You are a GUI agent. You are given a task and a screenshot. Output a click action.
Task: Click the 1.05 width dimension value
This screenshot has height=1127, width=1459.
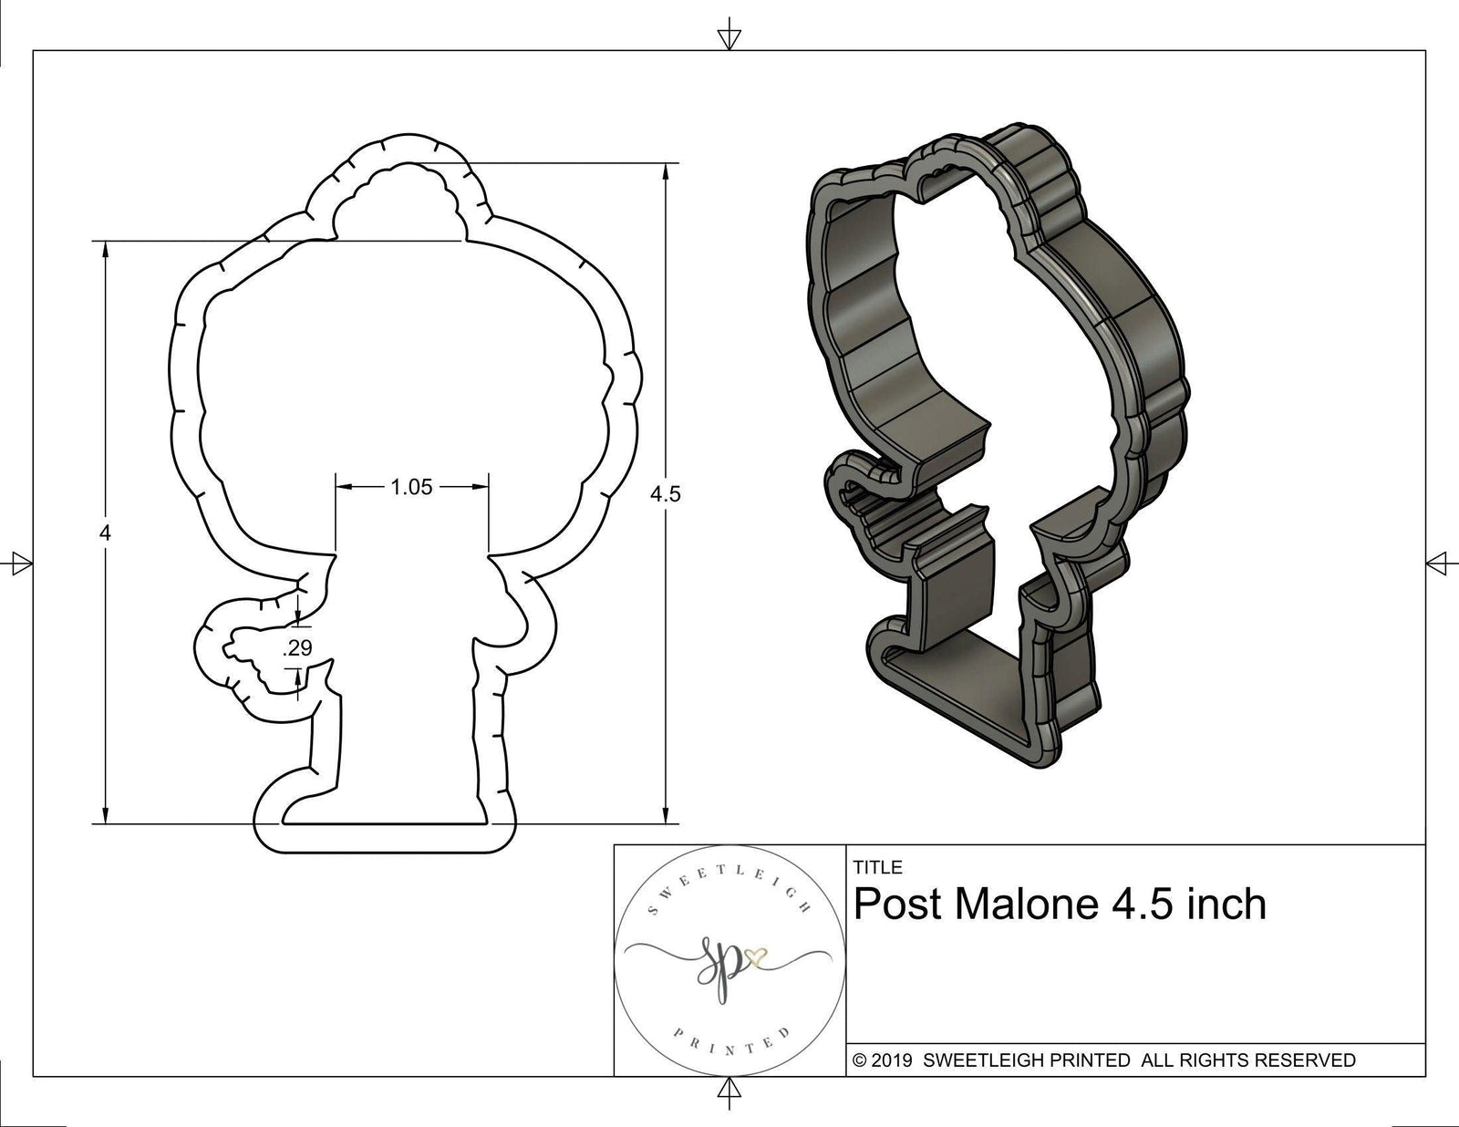click(411, 488)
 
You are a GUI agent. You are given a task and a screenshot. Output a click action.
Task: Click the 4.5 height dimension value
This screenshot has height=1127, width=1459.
click(666, 494)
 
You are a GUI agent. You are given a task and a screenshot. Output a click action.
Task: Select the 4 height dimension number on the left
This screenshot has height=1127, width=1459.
click(106, 533)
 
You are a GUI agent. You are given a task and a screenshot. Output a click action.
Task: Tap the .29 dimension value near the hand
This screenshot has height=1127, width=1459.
click(298, 648)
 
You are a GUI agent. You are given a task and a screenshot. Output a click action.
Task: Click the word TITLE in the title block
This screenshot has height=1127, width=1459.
click(877, 867)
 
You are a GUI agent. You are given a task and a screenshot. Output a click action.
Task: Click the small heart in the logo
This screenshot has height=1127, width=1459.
click(755, 956)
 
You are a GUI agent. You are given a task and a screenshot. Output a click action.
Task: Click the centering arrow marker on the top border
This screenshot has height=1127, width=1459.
click(729, 38)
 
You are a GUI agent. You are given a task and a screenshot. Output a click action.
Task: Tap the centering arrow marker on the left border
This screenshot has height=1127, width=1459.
click(17, 563)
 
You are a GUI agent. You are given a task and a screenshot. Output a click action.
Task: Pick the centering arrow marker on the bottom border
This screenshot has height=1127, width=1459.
click(729, 1090)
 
